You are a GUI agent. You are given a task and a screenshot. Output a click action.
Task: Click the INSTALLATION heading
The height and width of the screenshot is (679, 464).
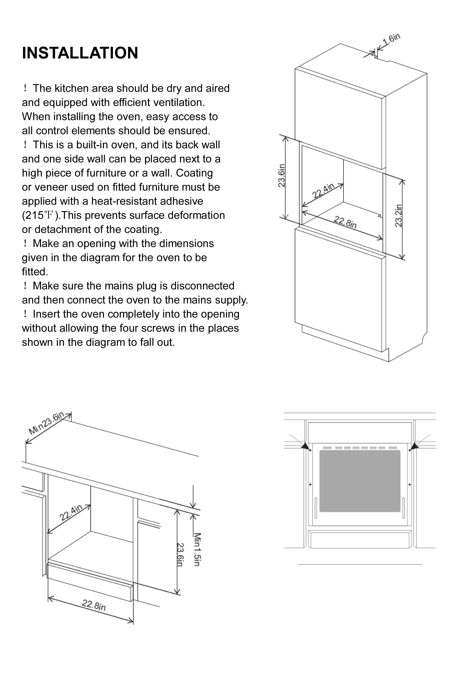(80, 53)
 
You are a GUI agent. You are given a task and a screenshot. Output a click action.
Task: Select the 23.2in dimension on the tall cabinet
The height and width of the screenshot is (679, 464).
(398, 216)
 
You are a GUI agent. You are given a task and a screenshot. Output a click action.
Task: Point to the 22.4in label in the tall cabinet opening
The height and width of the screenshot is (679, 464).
(323, 191)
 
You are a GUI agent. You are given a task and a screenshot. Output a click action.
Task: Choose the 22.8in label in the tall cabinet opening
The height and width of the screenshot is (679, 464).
(345, 222)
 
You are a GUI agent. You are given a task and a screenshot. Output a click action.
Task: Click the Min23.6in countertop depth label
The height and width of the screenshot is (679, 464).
(46, 423)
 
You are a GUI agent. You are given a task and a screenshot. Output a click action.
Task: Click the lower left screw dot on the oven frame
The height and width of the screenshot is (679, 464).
(310, 485)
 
